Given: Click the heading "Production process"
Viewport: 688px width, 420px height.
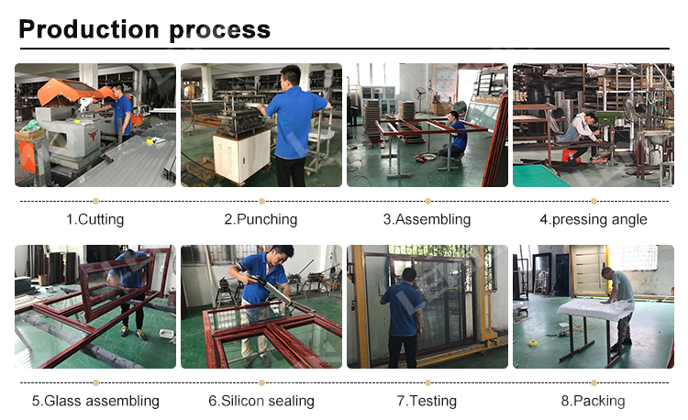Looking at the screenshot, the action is (144, 30).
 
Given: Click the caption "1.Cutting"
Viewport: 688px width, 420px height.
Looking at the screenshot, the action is (94, 219).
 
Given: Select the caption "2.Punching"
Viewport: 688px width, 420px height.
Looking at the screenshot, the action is (261, 219).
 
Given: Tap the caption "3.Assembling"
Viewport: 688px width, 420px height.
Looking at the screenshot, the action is (427, 219).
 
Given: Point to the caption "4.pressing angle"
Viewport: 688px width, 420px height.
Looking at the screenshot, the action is (594, 219).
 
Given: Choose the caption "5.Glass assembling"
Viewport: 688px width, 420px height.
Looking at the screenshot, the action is (95, 401).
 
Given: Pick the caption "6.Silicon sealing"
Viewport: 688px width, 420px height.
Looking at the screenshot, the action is (261, 401).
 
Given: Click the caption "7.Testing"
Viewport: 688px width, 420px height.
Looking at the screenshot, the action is (427, 401).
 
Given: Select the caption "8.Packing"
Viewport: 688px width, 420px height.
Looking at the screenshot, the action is (593, 401).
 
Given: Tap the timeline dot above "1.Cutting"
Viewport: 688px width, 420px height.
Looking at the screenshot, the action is (95, 201).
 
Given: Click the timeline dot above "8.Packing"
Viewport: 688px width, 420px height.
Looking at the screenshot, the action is (594, 382).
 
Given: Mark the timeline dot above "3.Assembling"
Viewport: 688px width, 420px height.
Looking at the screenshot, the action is (427, 201).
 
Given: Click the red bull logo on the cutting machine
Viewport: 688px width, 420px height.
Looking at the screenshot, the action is (92, 135).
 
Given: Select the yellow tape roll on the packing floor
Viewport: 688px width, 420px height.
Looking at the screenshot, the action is (533, 342).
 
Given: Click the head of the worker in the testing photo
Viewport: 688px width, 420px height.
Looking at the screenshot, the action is (409, 276).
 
